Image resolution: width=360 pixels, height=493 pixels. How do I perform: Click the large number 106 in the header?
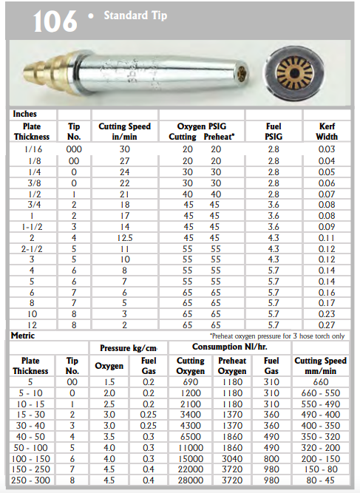55,21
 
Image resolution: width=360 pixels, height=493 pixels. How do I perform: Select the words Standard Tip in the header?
135,16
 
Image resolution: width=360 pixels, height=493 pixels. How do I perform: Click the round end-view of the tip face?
295,74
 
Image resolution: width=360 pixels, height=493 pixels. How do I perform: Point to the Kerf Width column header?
327,132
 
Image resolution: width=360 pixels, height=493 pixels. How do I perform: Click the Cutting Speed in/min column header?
125,132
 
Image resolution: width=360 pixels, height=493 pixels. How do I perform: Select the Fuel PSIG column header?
274,132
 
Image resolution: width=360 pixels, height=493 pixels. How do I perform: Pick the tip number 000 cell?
74,149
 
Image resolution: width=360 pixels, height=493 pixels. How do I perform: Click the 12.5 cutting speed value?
125,238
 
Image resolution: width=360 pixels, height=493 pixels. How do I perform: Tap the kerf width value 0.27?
327,324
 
